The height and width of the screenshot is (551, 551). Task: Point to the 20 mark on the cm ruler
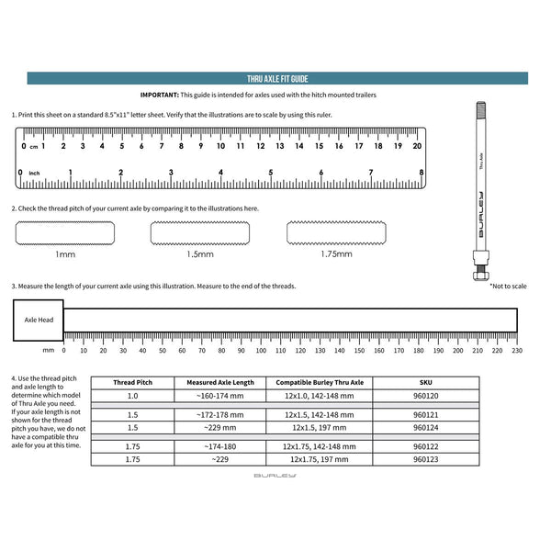(x=417, y=146)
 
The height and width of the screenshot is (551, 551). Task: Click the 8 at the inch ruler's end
(x=421, y=173)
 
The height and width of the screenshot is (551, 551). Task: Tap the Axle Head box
(x=38, y=320)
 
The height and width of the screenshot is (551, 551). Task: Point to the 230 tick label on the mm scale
(x=517, y=350)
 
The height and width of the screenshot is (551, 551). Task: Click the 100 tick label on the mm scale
(x=260, y=350)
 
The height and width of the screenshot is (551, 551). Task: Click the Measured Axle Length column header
(x=220, y=382)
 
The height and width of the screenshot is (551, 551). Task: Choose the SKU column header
(x=426, y=382)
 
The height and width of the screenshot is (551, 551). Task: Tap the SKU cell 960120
(x=426, y=397)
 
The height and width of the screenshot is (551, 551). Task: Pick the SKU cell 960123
(x=426, y=458)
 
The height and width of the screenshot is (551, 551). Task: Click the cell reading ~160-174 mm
(x=220, y=397)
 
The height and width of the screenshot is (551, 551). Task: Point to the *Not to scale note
(x=508, y=286)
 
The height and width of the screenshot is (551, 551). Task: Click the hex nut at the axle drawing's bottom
(x=478, y=275)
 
